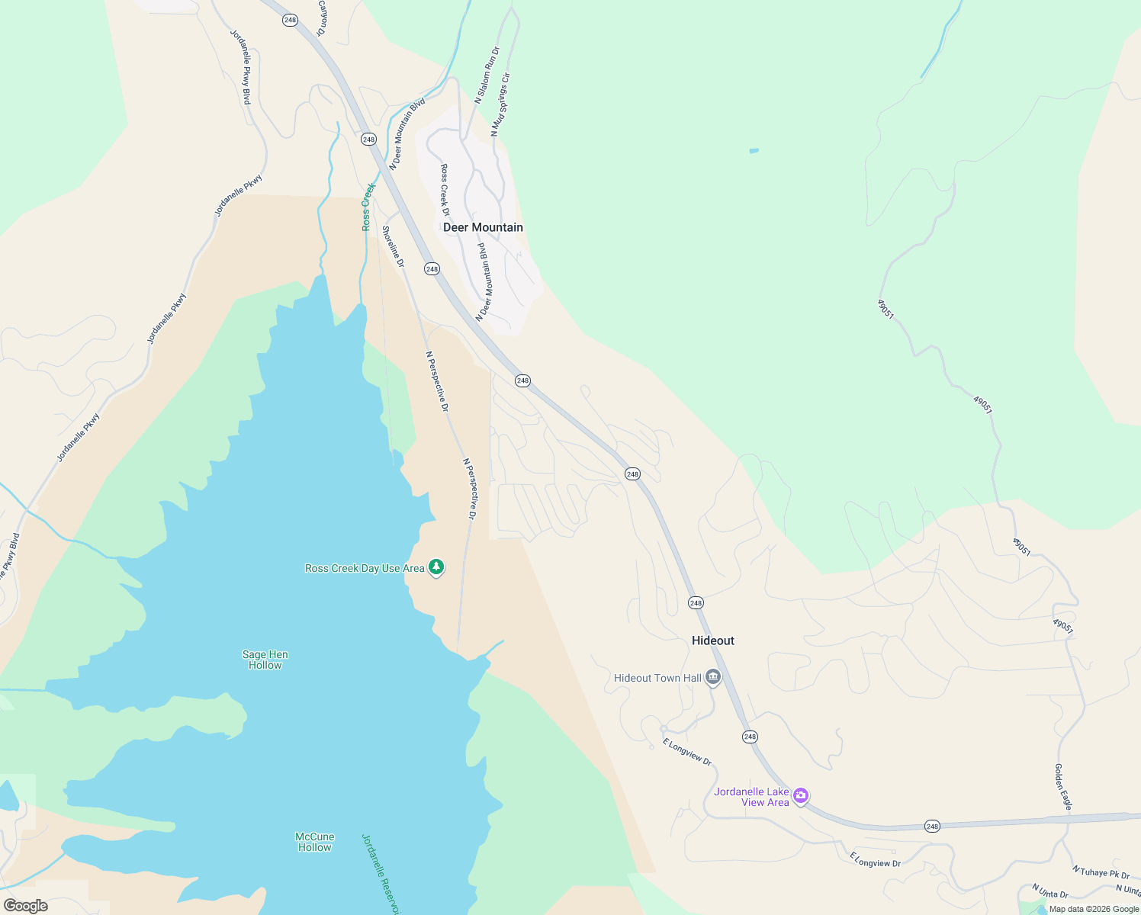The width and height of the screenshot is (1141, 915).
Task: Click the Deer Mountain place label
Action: [x=483, y=227]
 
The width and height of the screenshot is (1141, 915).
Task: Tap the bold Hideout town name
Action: [x=712, y=640]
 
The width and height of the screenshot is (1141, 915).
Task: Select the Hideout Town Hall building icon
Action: [x=713, y=677]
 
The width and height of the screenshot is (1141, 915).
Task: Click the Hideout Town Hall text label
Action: [x=657, y=678]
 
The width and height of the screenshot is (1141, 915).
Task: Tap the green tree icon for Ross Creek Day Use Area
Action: [x=436, y=567]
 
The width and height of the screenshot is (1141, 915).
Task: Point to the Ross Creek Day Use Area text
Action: [x=365, y=569]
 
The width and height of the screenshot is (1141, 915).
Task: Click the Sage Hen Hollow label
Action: [x=265, y=660]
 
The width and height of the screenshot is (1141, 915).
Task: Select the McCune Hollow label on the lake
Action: [x=314, y=842]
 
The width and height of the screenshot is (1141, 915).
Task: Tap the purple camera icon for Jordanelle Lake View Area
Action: [x=800, y=796]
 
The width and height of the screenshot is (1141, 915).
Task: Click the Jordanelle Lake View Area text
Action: [x=751, y=797]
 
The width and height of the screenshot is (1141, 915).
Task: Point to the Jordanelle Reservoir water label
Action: [x=380, y=873]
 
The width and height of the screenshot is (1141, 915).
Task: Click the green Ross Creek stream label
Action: [x=368, y=207]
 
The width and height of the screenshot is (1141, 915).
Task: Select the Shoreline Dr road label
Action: [x=393, y=246]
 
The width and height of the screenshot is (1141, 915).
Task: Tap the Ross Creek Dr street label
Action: [x=445, y=190]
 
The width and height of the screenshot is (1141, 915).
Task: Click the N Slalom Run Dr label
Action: [x=486, y=75]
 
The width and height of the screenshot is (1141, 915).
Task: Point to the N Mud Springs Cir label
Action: [x=500, y=104]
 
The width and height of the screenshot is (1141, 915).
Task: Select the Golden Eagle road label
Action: [x=1063, y=787]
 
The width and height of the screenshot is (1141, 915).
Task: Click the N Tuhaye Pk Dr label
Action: [x=1101, y=872]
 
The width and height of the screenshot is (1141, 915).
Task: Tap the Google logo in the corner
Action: [x=26, y=906]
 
